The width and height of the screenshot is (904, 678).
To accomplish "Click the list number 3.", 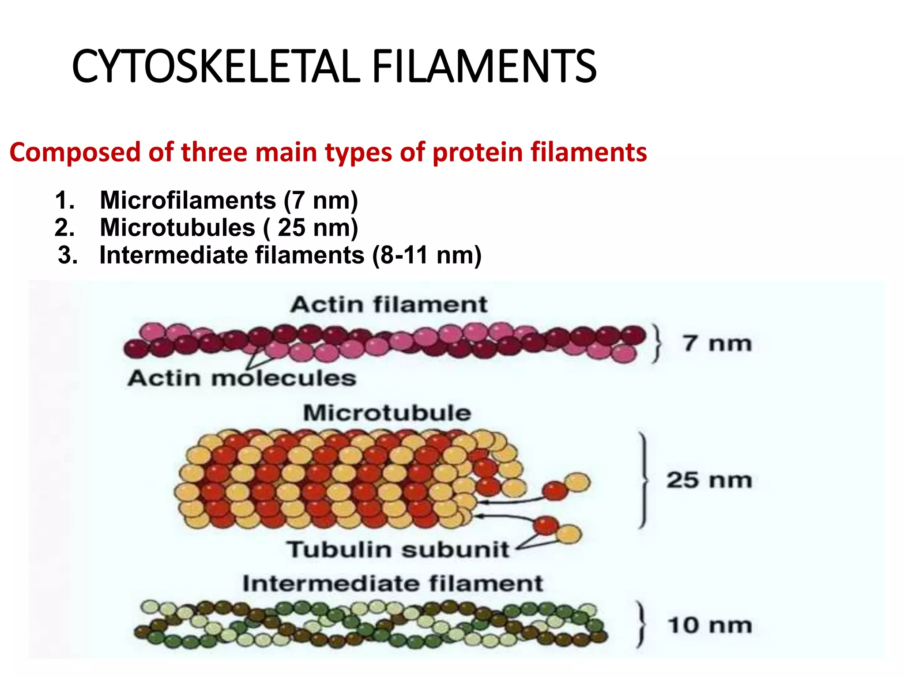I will point(68,255).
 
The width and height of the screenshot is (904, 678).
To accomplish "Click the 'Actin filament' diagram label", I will point(388,305).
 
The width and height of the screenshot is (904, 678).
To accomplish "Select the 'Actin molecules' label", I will point(242,378).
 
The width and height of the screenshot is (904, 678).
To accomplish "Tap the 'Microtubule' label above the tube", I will point(387,413).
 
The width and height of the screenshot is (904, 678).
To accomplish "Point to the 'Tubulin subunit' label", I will point(398,550).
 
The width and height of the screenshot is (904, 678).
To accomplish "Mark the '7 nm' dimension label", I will point(717,343).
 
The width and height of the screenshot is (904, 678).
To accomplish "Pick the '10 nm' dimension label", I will point(710,625).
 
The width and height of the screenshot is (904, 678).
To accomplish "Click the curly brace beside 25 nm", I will point(644,480).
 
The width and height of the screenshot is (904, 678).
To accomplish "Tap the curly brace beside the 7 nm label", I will point(657,343).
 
